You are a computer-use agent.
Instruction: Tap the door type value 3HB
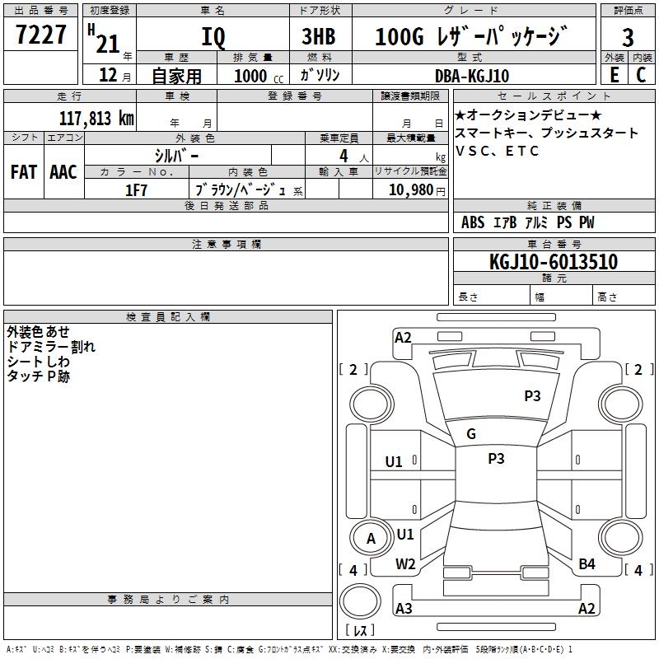[320, 38]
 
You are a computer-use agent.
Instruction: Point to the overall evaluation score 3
[628, 38]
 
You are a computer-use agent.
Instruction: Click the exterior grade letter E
[614, 74]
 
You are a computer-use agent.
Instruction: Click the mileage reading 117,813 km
[96, 118]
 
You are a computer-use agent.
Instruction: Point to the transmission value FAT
[23, 172]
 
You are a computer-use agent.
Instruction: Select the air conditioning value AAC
[63, 172]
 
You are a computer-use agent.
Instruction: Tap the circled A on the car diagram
[371, 539]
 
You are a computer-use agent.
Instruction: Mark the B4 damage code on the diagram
[587, 563]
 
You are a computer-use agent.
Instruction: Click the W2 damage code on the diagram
[405, 563]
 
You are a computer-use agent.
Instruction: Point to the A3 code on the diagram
[404, 609]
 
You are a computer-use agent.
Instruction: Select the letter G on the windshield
[471, 434]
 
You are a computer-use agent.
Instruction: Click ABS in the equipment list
[473, 222]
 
